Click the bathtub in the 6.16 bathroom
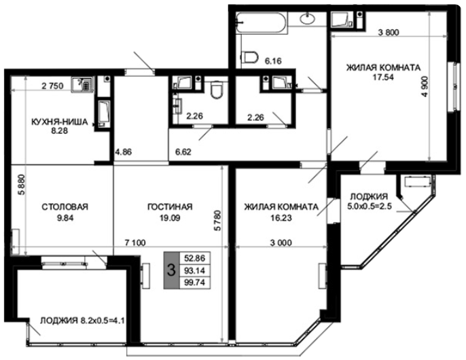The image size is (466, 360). tap(262, 22)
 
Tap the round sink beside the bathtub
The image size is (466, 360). tap(308, 18)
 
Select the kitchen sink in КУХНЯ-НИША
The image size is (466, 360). tap(83, 84)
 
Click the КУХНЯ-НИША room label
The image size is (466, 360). tap(60, 122)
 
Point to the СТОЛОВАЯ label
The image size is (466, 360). tap(65, 206)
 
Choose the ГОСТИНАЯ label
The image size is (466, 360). tap(170, 206)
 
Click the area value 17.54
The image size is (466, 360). tap(383, 77)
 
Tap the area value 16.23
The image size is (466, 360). tap(281, 218)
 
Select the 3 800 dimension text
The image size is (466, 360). tap(389, 33)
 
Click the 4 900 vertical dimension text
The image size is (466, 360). tap(425, 86)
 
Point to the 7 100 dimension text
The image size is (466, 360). tap(135, 243)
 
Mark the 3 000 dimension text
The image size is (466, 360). tap(281, 243)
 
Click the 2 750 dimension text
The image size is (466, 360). tap(52, 86)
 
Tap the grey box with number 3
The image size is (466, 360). tap(171, 270)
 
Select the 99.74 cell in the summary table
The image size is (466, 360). tap(195, 283)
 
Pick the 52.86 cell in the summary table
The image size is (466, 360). tap(195, 258)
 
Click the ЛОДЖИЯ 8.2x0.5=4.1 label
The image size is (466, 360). tap(82, 321)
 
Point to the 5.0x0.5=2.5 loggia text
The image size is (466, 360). tap(368, 206)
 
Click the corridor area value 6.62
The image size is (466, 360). tap(183, 152)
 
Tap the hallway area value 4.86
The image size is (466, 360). tap(124, 152)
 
